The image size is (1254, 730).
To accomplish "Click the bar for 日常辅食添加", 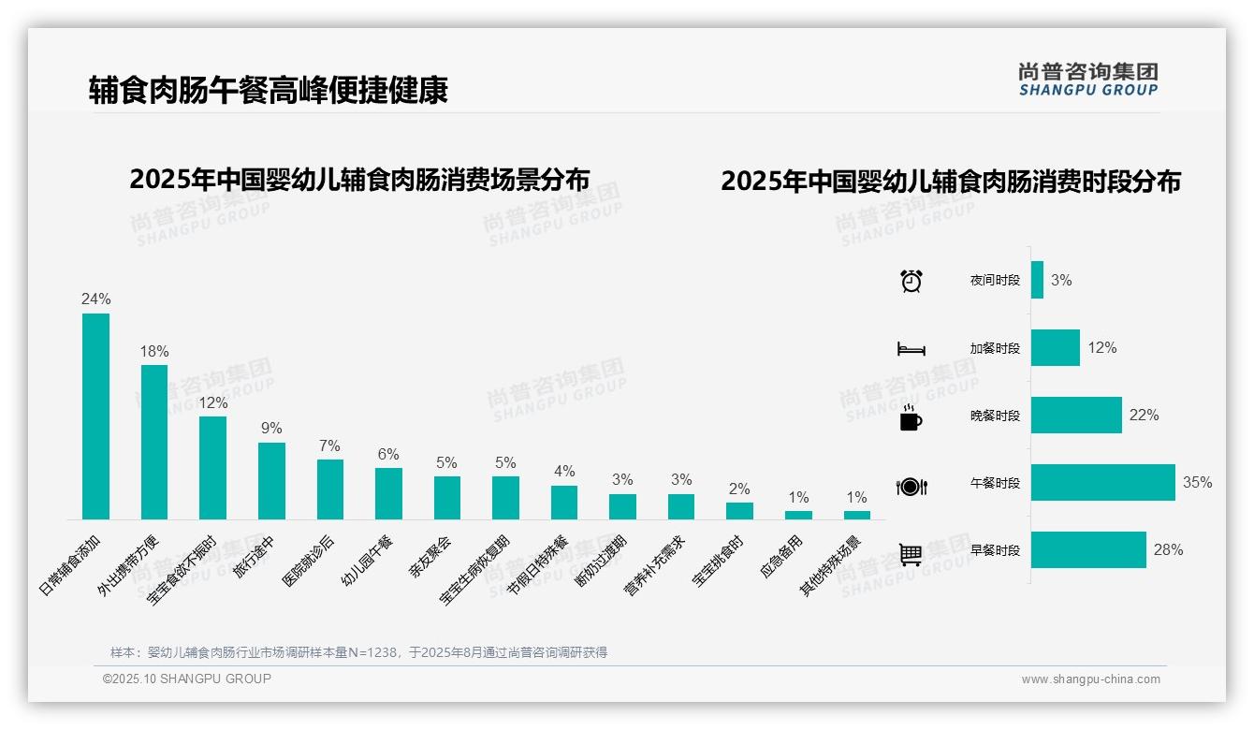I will [x=95, y=416].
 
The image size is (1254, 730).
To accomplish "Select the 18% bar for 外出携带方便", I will [x=154, y=442].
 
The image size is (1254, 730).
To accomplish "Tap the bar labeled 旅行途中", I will [x=271, y=481].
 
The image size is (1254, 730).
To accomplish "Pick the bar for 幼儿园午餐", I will [x=388, y=493].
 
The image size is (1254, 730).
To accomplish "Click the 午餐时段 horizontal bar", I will [x=1102, y=483].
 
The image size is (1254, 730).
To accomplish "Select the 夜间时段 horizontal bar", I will [x=1037, y=280].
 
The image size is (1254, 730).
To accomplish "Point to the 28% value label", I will [x=1168, y=550].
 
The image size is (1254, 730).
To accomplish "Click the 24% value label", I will [x=95, y=299].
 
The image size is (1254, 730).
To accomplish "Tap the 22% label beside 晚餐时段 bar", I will [x=1144, y=416].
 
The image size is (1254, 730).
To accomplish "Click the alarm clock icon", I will [x=911, y=281].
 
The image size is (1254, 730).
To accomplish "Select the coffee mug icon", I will [x=911, y=418].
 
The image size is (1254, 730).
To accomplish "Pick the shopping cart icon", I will [x=911, y=554].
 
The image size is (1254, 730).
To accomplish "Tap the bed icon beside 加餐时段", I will [x=911, y=349].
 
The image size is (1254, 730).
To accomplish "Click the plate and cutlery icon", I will [x=911, y=487].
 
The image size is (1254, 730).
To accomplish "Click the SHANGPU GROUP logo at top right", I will [x=1088, y=80].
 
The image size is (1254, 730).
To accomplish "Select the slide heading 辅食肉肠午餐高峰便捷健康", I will [x=269, y=91].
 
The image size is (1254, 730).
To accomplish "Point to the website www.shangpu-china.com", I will [x=1090, y=679].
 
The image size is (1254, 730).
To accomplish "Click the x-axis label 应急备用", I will [x=781, y=557].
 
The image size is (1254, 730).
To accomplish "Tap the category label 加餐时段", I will [x=995, y=348].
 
